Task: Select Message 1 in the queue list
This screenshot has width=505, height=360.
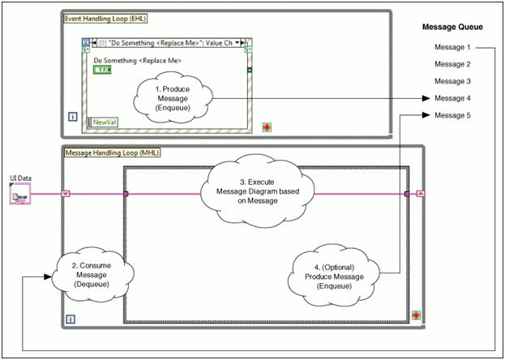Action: (452, 47)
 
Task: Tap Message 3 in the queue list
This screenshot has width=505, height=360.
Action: (452, 81)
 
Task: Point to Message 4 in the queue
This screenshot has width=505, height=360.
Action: (452, 98)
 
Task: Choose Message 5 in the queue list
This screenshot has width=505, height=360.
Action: (452, 115)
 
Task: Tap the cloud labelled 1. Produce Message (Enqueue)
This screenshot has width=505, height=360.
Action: (172, 98)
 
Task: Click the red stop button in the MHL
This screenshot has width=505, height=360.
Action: (415, 314)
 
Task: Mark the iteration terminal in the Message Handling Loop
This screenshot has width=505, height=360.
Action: (71, 319)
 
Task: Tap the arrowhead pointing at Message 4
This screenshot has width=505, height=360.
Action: (426, 98)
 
